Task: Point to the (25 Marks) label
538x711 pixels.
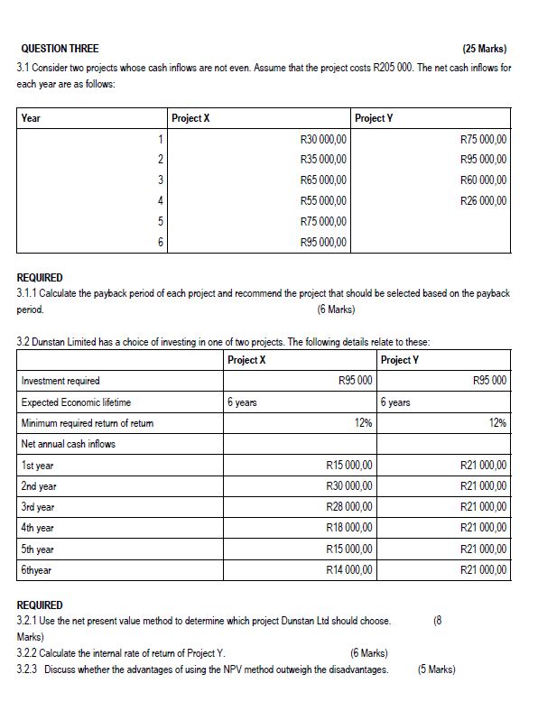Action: coord(484,48)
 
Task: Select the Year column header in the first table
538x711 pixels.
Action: coord(31,118)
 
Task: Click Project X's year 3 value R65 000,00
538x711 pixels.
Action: coord(323,180)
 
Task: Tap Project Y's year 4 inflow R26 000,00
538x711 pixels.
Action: coord(483,200)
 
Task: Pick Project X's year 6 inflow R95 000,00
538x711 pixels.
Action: coord(323,242)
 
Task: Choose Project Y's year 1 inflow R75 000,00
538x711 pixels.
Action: coord(483,139)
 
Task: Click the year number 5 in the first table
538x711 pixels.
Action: coord(161,221)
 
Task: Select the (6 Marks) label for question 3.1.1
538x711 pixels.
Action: coord(337,309)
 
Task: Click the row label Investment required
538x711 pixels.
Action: coord(60,381)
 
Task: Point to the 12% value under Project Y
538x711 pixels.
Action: coord(496,422)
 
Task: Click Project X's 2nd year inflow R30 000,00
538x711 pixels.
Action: coord(348,485)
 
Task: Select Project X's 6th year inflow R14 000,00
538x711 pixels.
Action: coord(348,568)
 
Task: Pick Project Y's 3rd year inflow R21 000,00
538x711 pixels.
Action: coord(483,506)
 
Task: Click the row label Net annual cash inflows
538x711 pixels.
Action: coord(68,443)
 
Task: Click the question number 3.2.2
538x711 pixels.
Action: coord(29,652)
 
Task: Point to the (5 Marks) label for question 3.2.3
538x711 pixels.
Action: coord(437,669)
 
